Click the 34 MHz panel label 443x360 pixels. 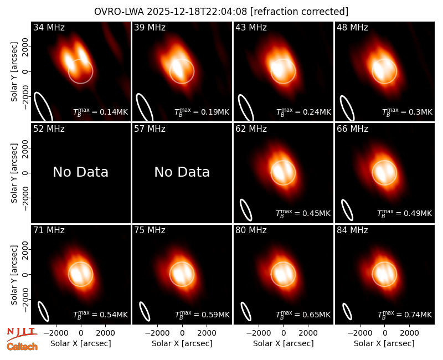tap(49, 27)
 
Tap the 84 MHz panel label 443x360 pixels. tap(352, 230)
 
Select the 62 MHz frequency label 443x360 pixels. tap(251, 129)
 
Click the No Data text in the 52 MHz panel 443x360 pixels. tap(80, 172)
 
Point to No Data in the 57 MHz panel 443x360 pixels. tap(182, 172)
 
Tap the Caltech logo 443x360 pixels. tap(22, 347)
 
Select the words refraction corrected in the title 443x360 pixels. tap(300, 12)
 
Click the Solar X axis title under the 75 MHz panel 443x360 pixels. tap(182, 343)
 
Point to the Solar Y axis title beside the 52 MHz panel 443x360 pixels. tap(14, 173)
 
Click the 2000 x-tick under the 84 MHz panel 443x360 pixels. tap(409, 333)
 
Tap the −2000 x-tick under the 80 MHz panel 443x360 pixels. tap(258, 333)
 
